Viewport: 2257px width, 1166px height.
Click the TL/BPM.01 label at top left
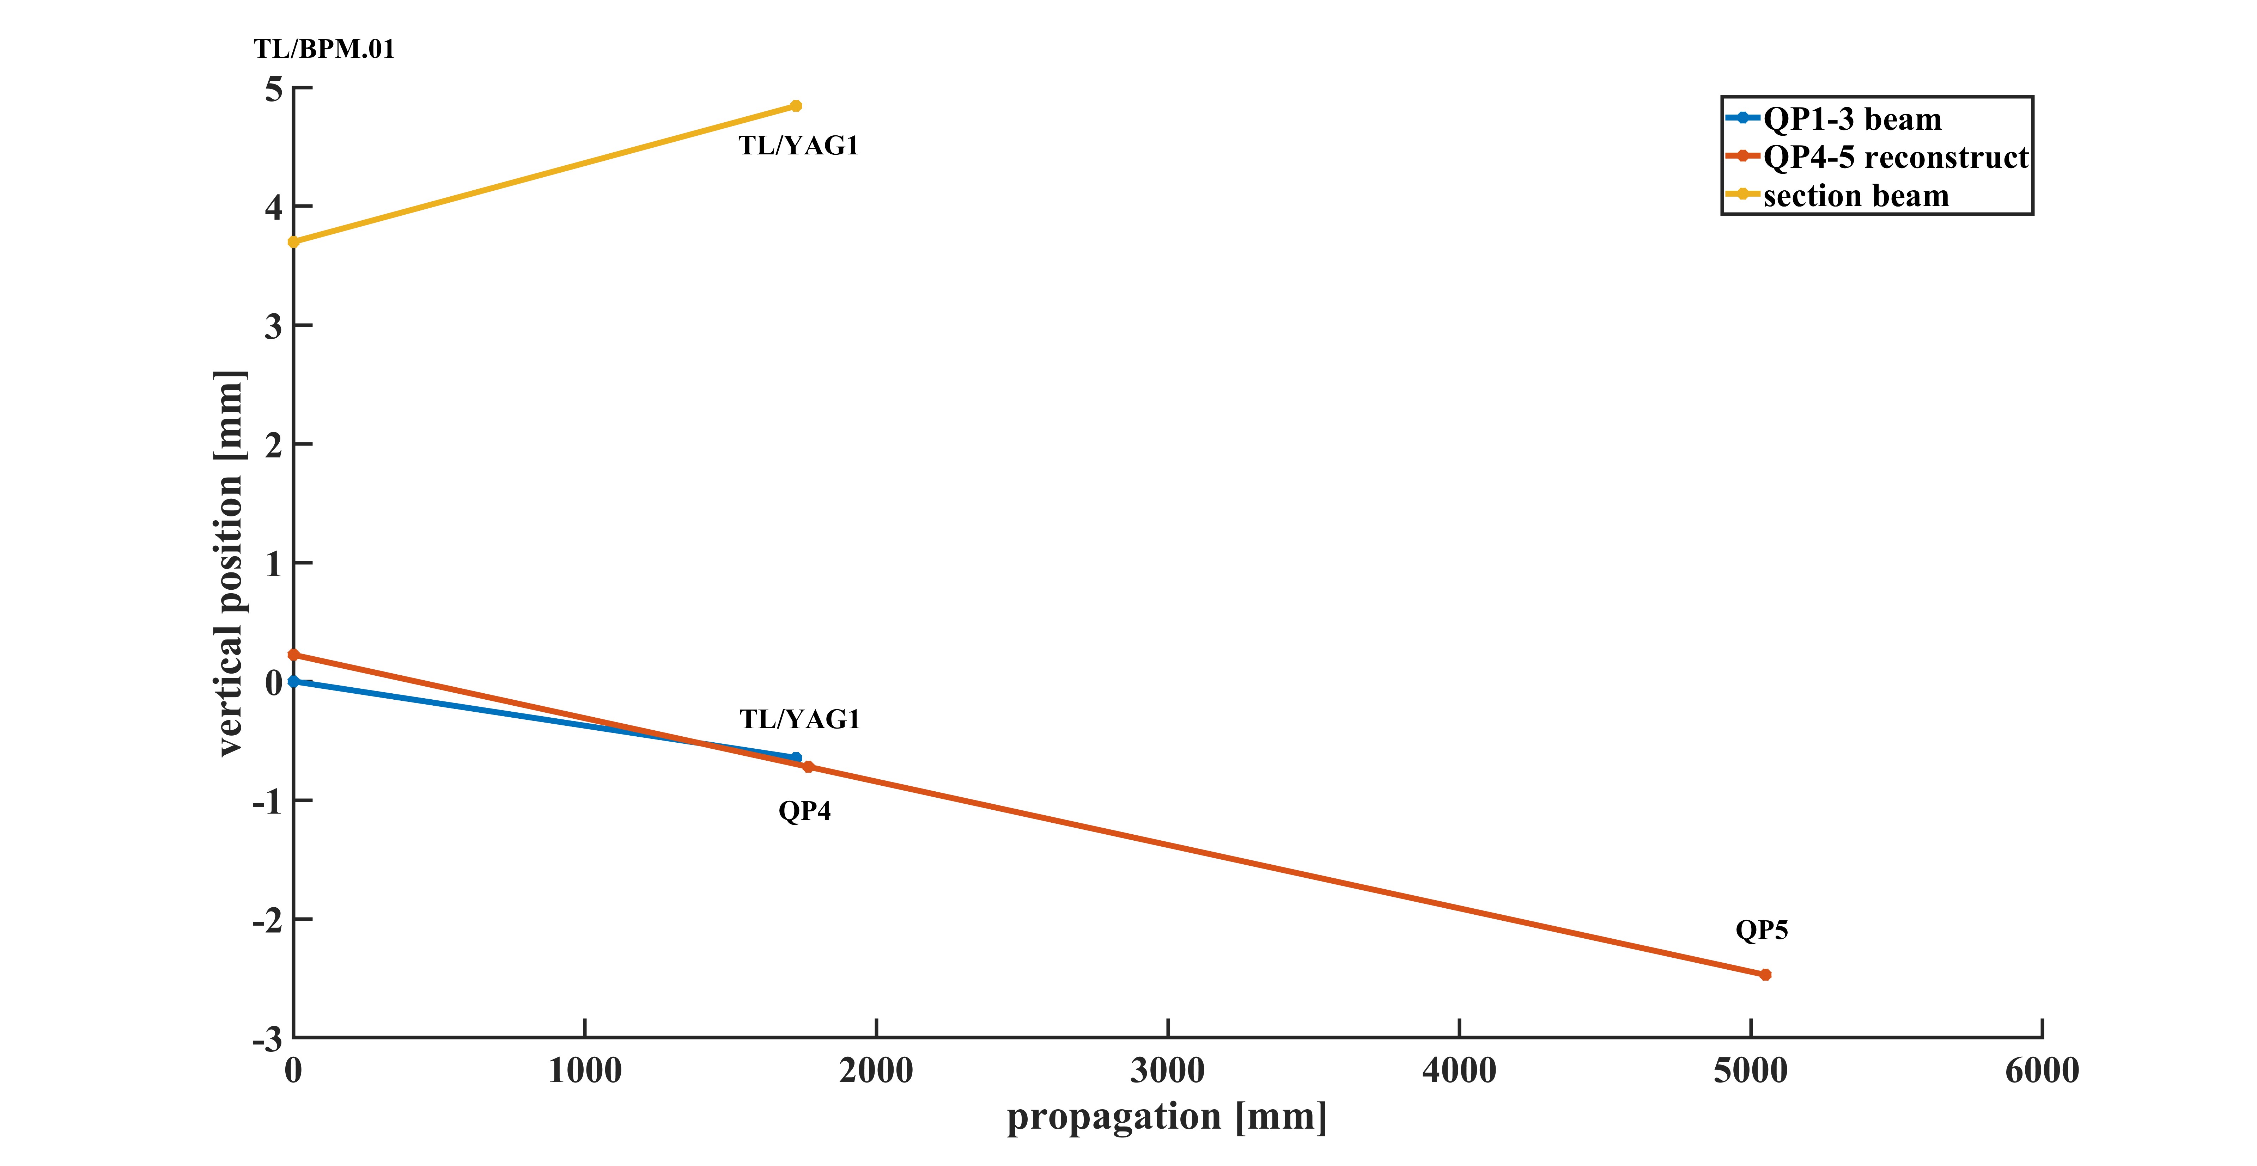click(324, 49)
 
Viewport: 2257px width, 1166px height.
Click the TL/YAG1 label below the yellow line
click(798, 146)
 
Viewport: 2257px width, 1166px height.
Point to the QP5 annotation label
click(1761, 930)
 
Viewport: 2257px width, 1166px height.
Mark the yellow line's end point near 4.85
click(796, 106)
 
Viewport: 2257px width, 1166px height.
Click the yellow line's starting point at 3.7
click(293, 242)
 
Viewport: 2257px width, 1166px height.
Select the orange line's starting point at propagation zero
click(293, 655)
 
